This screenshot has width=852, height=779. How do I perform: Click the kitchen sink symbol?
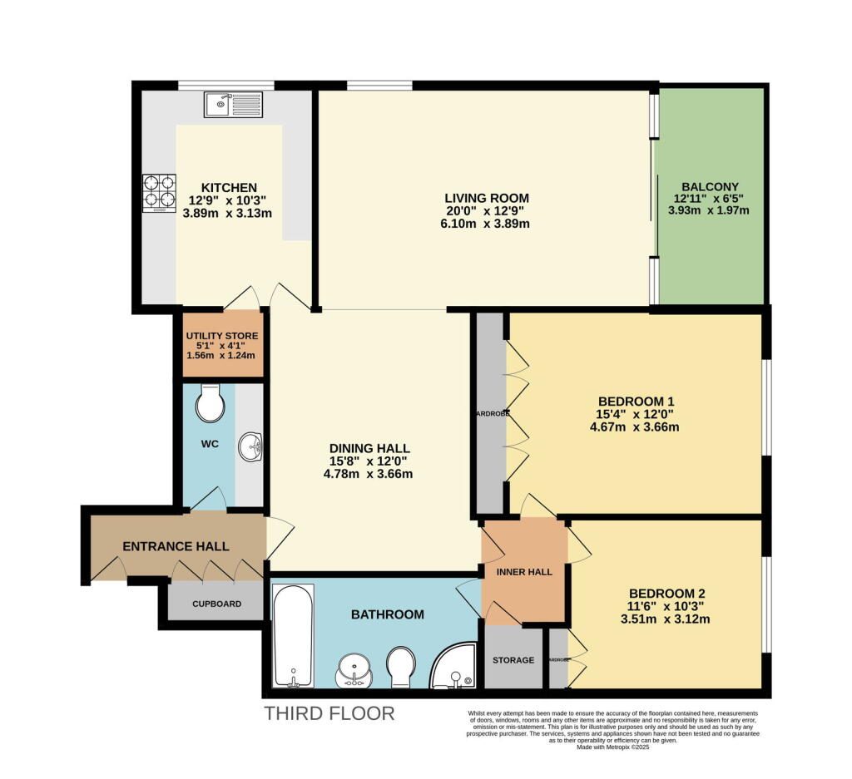(232, 106)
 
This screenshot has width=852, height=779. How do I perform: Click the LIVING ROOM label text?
(487, 198)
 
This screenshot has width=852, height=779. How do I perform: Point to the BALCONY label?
(710, 186)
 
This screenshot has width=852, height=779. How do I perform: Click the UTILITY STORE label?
(221, 336)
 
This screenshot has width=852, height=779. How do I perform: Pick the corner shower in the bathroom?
(454, 667)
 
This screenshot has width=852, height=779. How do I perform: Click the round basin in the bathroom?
(356, 670)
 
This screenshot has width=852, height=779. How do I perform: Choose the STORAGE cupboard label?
(513, 660)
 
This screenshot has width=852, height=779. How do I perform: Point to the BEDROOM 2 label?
(666, 593)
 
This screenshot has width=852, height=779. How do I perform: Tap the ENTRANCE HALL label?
(176, 546)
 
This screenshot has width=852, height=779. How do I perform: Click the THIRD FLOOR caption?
(329, 713)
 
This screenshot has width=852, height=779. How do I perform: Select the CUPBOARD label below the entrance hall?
(216, 604)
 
